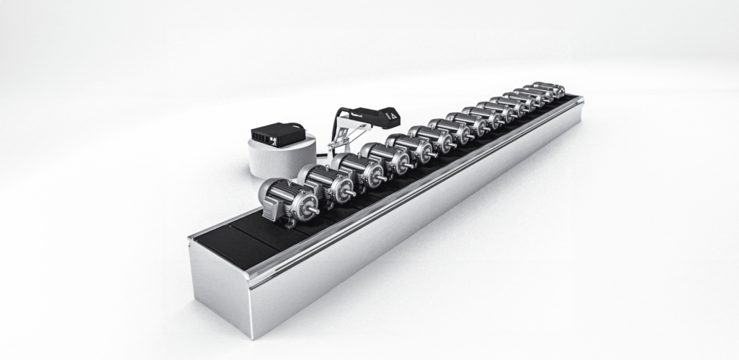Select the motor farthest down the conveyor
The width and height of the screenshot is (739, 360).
click(x=550, y=89)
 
